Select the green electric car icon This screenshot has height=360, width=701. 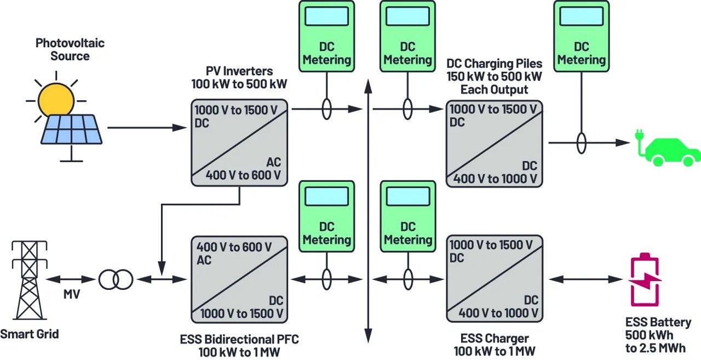673,150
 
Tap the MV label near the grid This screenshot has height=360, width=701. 72,295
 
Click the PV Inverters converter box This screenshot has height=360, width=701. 239,144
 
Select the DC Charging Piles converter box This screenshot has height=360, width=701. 494,144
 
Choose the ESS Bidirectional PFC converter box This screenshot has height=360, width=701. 239,279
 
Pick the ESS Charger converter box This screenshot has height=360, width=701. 494,279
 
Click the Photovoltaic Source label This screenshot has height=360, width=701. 70,49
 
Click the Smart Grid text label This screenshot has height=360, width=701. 29,334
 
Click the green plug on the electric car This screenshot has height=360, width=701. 639,136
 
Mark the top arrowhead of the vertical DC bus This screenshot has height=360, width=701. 368,83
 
